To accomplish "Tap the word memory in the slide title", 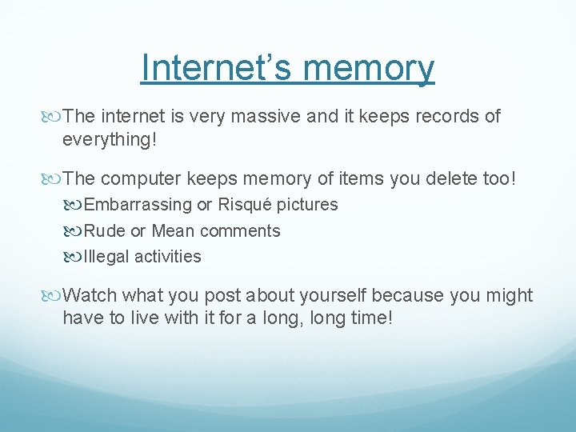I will pos(375,69).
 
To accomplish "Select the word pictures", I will pos(307,205).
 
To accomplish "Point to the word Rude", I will pos(104,231).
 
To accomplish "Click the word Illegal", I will pos(107,257).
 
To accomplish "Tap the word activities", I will pos(168,257).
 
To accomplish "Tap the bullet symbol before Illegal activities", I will pos(75,257).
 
